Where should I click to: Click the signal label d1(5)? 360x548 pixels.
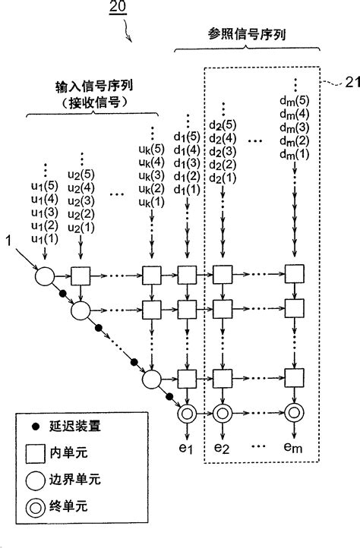(x=187, y=137)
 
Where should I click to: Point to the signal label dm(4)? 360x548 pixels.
(x=295, y=114)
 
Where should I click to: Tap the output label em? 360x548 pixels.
(x=293, y=449)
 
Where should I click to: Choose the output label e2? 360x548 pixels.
(x=222, y=449)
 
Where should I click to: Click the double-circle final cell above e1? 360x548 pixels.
(x=186, y=414)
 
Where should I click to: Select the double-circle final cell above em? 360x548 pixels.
(x=292, y=414)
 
